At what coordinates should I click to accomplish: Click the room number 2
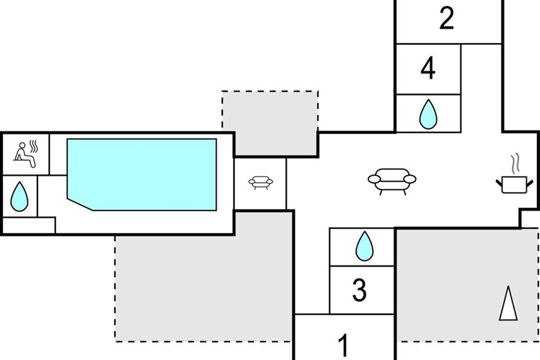click(447, 18)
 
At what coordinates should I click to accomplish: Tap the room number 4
click(428, 68)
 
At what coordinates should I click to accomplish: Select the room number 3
click(360, 290)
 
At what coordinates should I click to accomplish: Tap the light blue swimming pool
click(142, 175)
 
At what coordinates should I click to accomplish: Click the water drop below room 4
click(428, 114)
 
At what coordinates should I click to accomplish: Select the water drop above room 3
click(364, 246)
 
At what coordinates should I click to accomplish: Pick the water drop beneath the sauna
click(19, 197)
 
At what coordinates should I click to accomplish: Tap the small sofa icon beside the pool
click(261, 183)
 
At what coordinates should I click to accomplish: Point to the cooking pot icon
click(514, 184)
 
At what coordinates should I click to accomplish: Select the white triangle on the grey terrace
click(508, 303)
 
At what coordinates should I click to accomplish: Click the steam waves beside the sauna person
click(34, 147)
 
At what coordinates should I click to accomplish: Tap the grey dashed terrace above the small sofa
click(270, 123)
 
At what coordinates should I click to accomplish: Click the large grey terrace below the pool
click(204, 288)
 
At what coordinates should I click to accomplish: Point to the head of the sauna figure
click(22, 145)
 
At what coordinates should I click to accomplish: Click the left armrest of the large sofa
click(374, 179)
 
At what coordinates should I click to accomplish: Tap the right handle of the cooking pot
click(530, 184)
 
